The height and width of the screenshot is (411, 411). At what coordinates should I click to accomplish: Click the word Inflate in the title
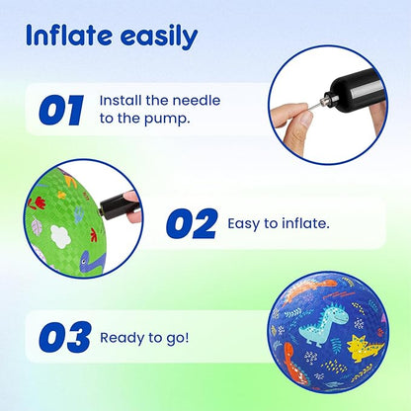tap(69, 35)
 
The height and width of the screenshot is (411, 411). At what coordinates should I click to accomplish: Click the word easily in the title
tap(159, 37)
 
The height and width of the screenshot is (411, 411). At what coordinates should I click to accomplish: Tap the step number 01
tap(61, 110)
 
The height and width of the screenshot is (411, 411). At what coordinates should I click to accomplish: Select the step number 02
tap(193, 223)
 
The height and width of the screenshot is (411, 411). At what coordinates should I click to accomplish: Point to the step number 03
tap(65, 337)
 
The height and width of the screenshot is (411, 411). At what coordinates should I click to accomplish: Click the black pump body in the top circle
tap(359, 89)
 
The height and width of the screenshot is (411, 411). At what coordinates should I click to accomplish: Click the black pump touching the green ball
tap(118, 207)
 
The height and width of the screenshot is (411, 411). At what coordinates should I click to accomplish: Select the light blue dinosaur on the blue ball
tap(323, 323)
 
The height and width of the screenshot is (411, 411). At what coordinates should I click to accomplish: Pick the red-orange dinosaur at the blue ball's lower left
tap(293, 363)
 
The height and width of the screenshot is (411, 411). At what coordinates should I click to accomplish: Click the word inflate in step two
tap(305, 223)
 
